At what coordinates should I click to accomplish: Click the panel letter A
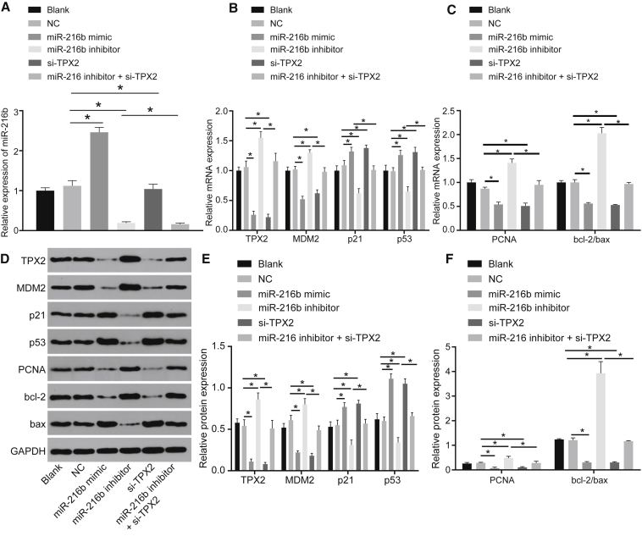(6, 8)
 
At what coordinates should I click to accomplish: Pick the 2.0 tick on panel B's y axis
(221, 111)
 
